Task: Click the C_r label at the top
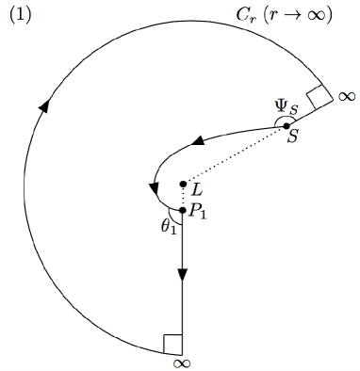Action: (x=245, y=16)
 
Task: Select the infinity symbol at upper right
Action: (x=346, y=96)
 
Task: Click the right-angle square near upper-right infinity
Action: (x=319, y=94)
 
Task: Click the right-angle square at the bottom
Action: (x=172, y=343)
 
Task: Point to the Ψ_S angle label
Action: (x=286, y=108)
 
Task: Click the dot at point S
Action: (x=287, y=125)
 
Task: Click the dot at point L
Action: (x=183, y=184)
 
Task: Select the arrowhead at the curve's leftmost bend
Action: (x=154, y=187)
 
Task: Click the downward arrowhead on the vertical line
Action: (x=183, y=272)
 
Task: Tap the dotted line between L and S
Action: (x=236, y=154)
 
